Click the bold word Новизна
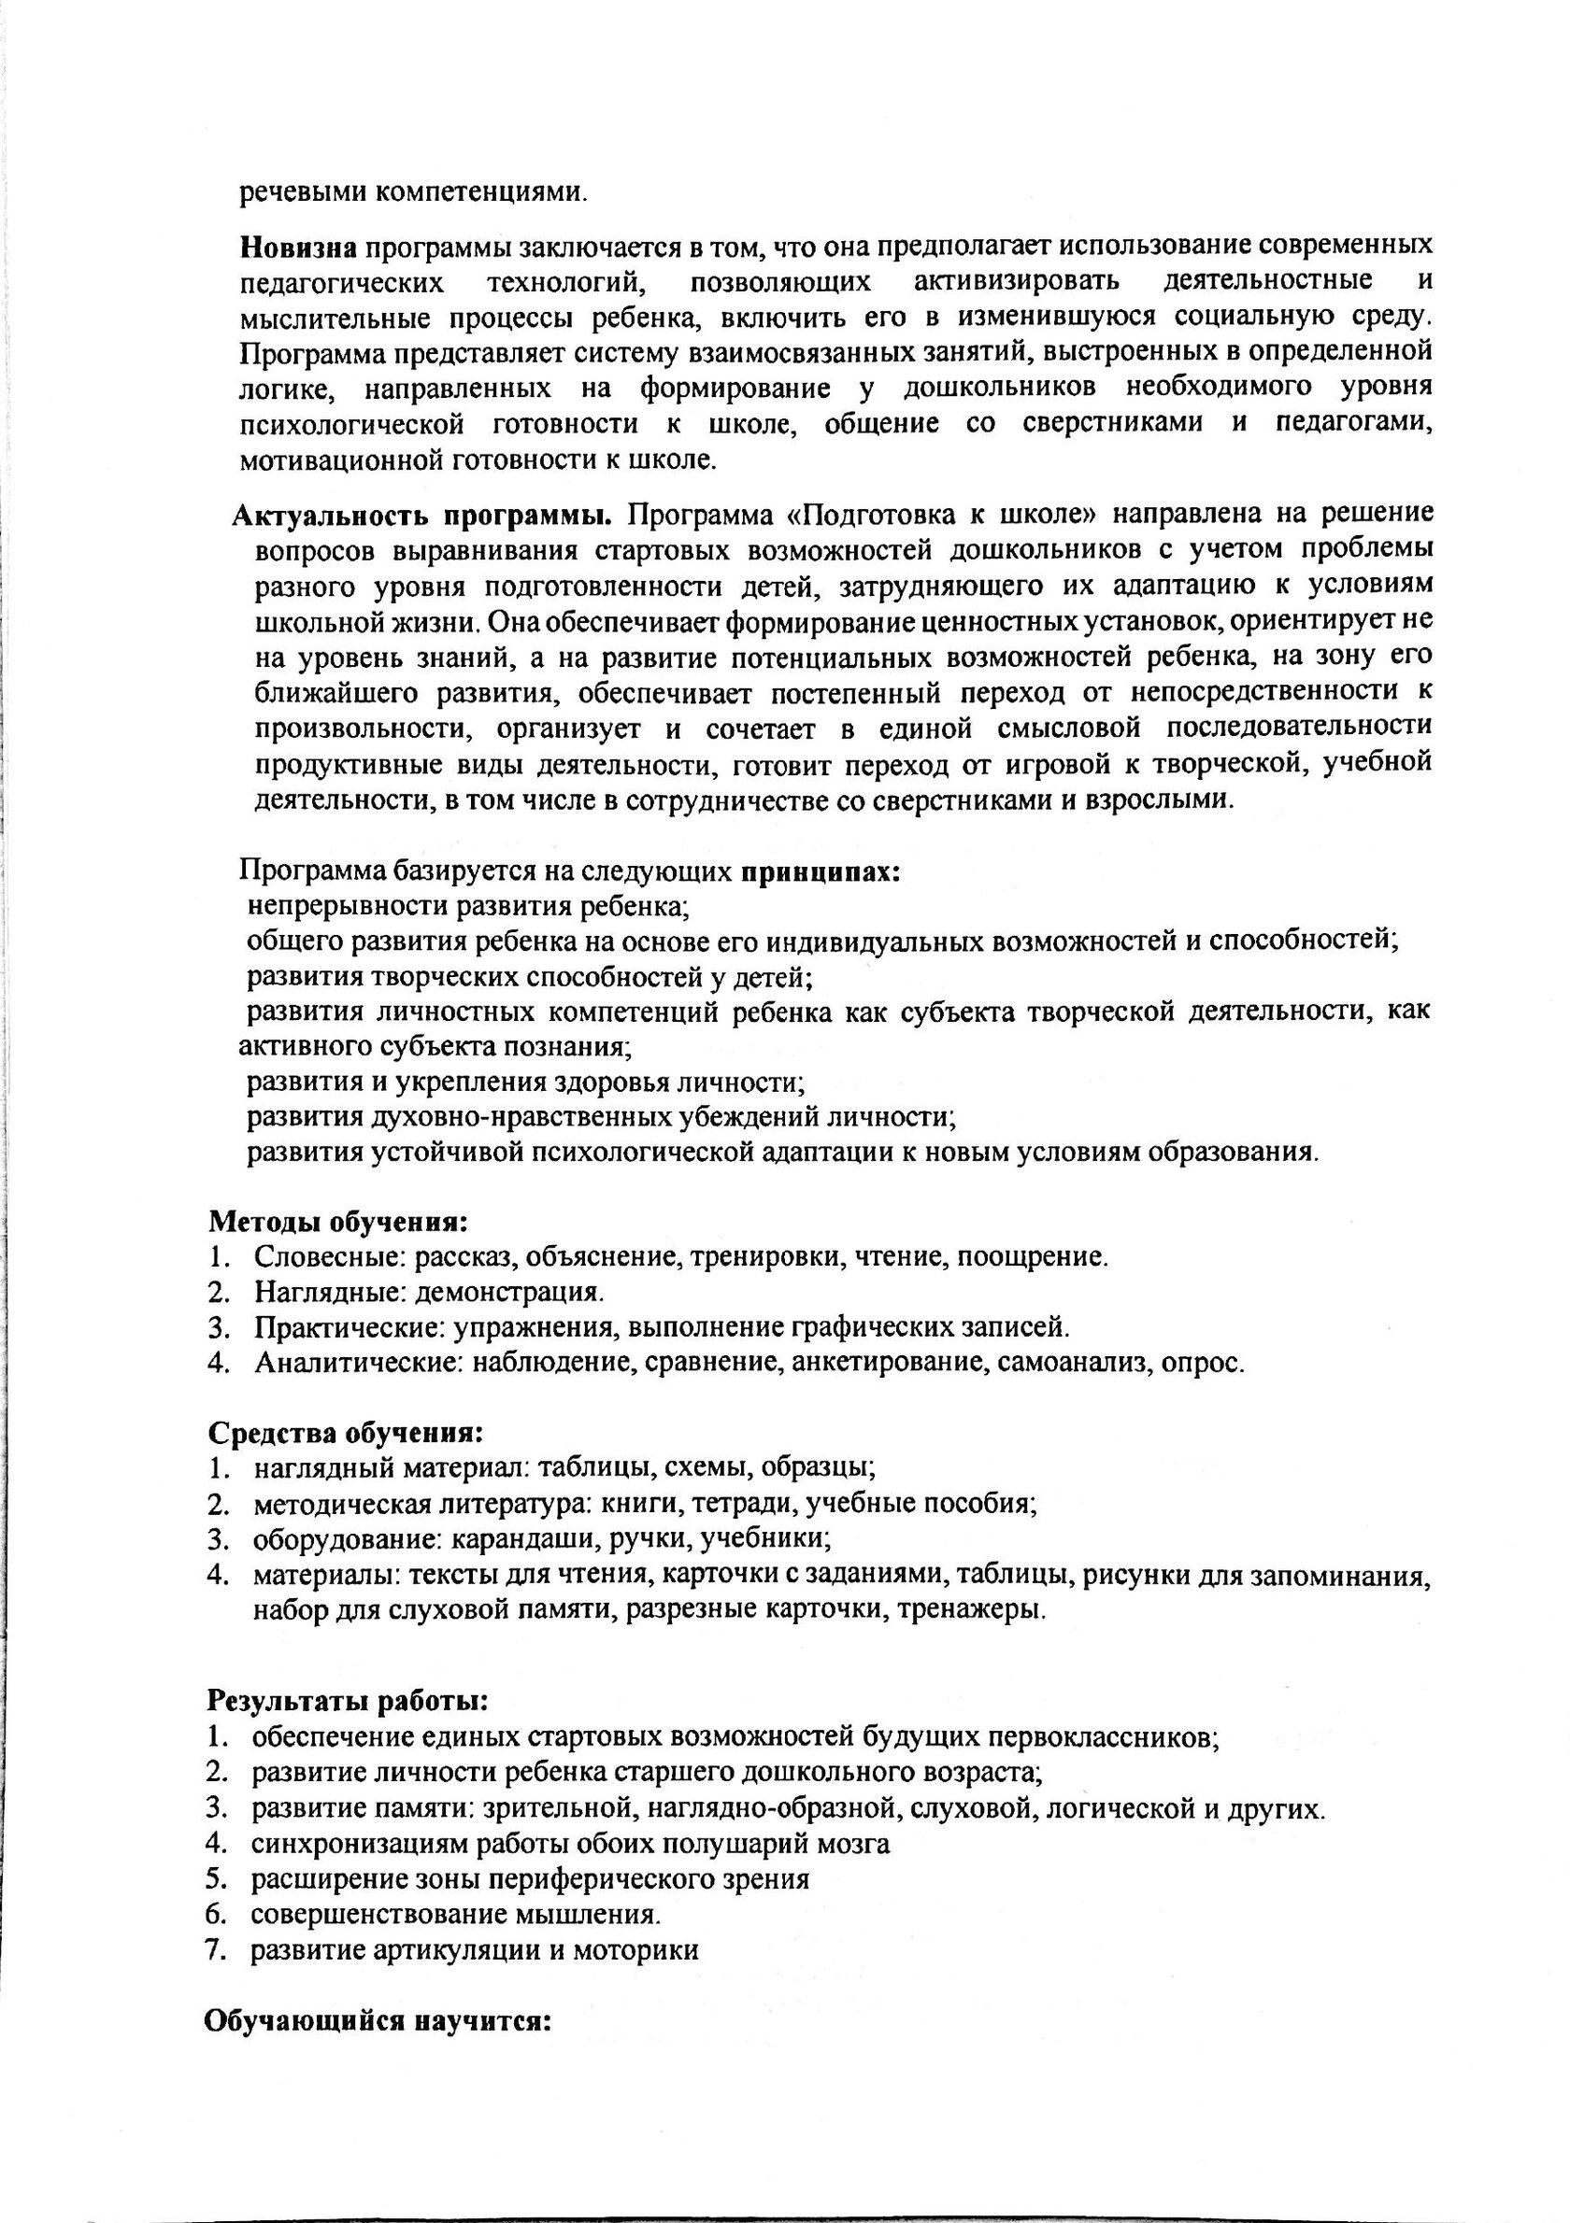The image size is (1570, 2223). click(298, 247)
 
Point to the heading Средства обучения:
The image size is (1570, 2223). click(346, 1432)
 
